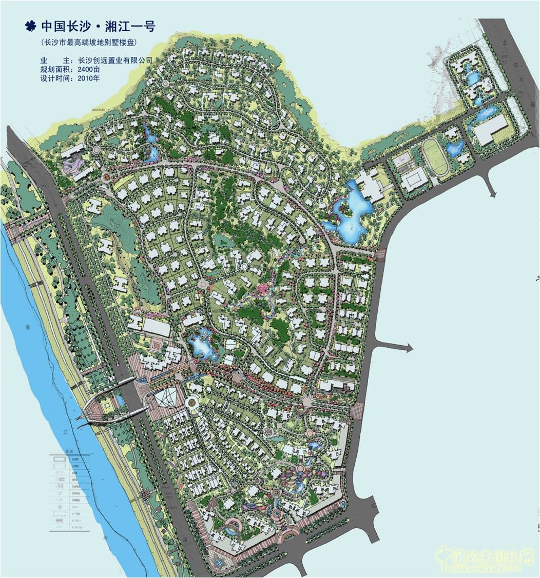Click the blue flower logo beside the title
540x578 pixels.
click(x=31, y=26)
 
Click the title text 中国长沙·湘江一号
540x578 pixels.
click(x=98, y=26)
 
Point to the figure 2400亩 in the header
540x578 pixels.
click(x=88, y=70)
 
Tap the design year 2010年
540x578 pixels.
click(x=88, y=79)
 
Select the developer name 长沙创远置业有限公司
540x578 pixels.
click(x=114, y=61)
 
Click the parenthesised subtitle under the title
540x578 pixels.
click(x=90, y=42)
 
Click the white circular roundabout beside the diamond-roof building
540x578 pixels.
click(x=193, y=403)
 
